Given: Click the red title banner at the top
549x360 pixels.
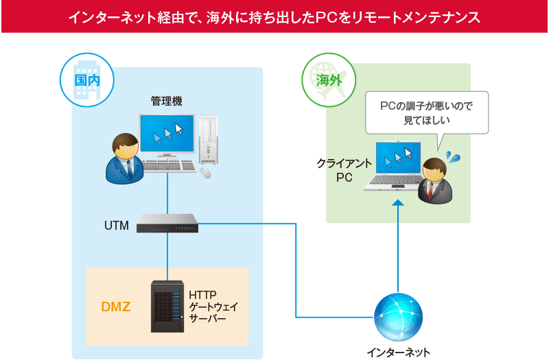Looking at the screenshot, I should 274,16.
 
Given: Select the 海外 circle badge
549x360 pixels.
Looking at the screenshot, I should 328,79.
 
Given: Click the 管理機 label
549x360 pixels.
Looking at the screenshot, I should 167,101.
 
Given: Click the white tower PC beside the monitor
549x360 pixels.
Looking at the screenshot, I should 208,141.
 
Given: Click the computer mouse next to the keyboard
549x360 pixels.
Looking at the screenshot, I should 205,172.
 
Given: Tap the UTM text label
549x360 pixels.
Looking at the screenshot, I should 116,225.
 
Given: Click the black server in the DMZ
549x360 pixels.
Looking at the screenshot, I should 168,307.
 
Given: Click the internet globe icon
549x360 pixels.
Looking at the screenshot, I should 398,317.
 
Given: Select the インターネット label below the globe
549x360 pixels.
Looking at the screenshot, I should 398,352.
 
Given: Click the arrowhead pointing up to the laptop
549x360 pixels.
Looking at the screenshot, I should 398,203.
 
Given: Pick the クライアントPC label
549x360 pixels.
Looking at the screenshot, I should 344,171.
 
